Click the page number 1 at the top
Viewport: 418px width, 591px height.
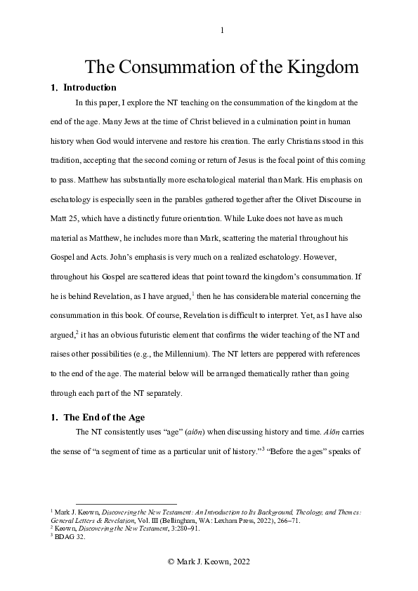(222, 29)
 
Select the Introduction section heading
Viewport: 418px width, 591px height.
(90, 88)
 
